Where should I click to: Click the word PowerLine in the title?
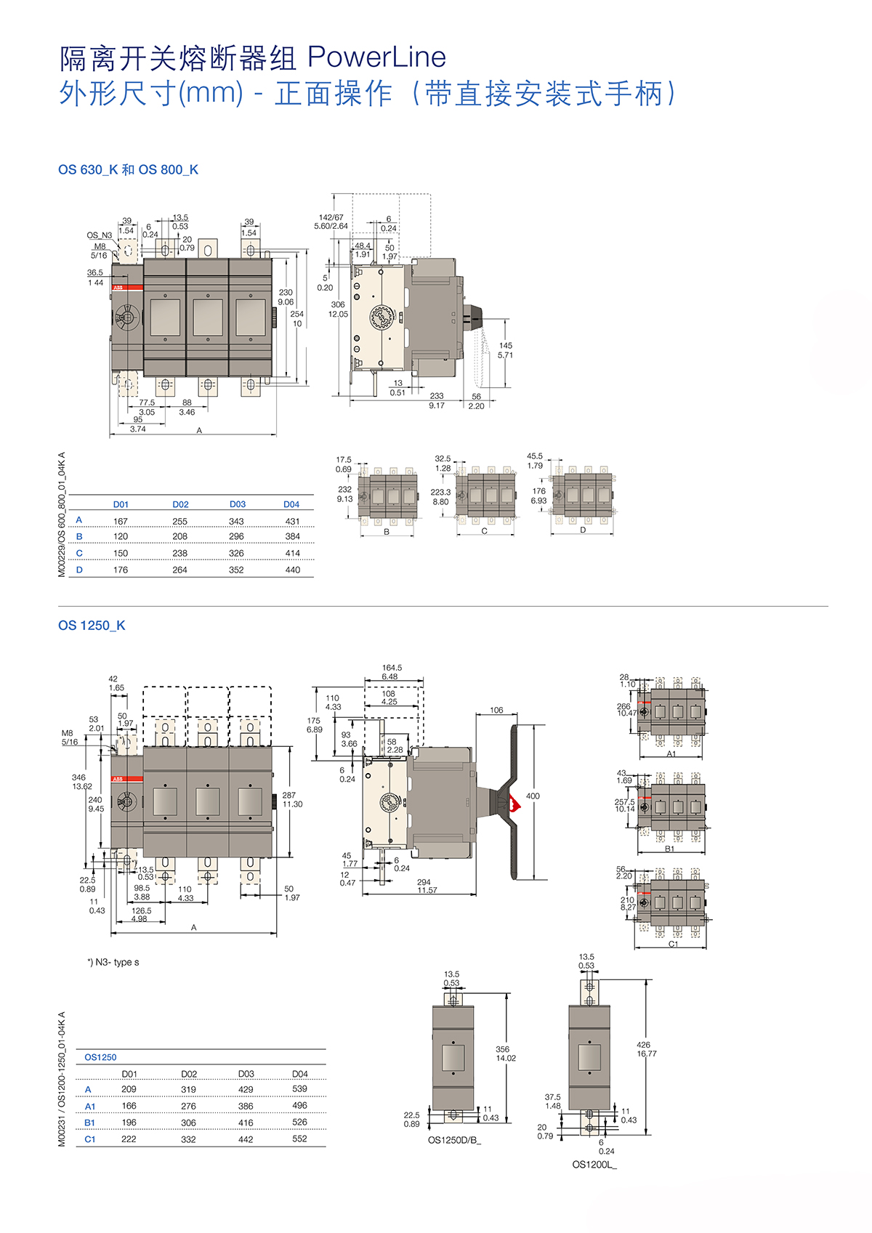[376, 57]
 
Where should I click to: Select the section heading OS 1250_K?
[92, 626]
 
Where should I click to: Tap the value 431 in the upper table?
[292, 522]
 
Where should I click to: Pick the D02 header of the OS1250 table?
[189, 1074]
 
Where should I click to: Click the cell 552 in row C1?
[299, 1139]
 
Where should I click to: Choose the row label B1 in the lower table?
[89, 1123]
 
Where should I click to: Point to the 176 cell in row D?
[121, 570]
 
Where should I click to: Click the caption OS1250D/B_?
[454, 1140]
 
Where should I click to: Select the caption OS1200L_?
[594, 1165]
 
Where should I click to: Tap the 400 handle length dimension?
[533, 796]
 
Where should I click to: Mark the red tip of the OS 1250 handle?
[516, 803]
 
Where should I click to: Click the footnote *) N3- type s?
[113, 962]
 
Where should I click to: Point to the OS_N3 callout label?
[100, 235]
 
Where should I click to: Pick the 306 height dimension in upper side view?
[338, 305]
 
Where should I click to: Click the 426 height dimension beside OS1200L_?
[644, 1045]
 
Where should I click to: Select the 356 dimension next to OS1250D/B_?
[503, 1049]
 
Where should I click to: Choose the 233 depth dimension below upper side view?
[437, 396]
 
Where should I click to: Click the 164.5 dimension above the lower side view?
[392, 668]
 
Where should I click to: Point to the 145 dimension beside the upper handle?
[506, 346]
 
